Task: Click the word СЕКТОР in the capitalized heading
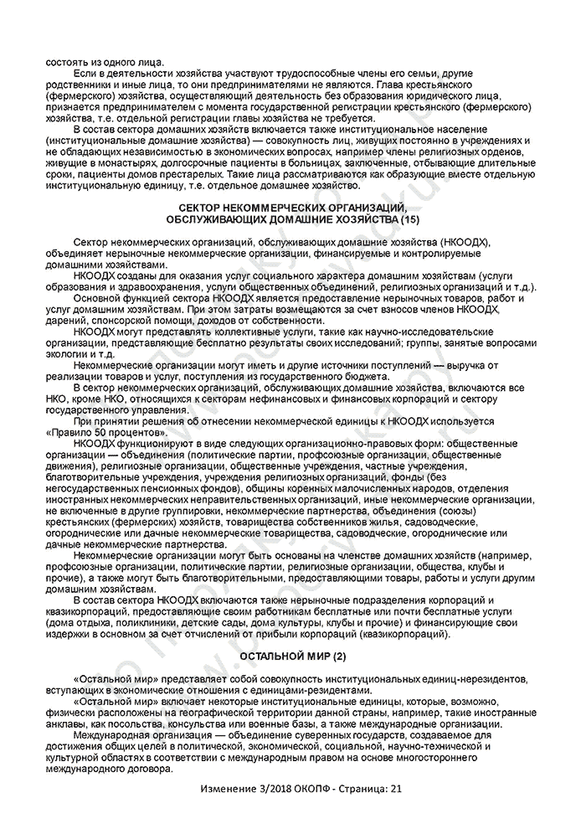point(205,206)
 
